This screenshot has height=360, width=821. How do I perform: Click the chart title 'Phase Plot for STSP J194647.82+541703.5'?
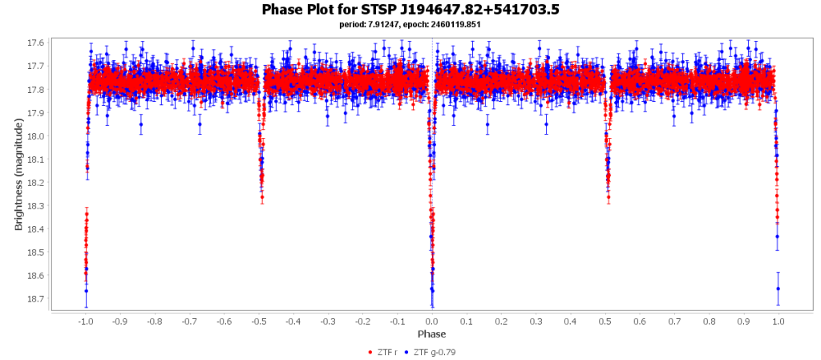(410, 10)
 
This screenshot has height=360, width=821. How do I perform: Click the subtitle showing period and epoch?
(410, 25)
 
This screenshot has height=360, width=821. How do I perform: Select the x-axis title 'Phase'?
(431, 334)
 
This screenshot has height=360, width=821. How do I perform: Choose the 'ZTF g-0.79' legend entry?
(435, 352)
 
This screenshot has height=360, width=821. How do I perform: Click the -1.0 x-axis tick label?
(85, 321)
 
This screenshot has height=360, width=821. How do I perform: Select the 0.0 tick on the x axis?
(432, 321)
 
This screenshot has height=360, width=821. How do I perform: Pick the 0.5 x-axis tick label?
(605, 321)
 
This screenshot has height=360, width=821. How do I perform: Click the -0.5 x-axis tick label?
(258, 321)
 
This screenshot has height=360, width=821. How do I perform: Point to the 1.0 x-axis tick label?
(779, 321)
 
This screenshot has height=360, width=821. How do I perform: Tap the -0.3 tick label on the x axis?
(327, 321)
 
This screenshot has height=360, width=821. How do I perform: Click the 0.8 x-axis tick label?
(709, 321)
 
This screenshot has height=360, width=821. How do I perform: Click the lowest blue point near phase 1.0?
(779, 289)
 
